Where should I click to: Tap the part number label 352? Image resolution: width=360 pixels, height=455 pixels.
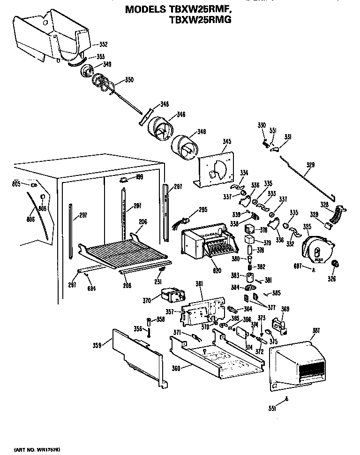(x=103, y=45)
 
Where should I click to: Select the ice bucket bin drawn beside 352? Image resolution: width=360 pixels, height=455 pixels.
(x=52, y=35)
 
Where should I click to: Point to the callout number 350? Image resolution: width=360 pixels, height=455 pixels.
(x=129, y=80)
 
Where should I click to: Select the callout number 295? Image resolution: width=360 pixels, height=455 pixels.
(x=202, y=209)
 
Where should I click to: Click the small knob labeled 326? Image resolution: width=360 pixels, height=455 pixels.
(x=335, y=265)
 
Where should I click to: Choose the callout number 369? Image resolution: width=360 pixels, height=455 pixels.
(x=285, y=308)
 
